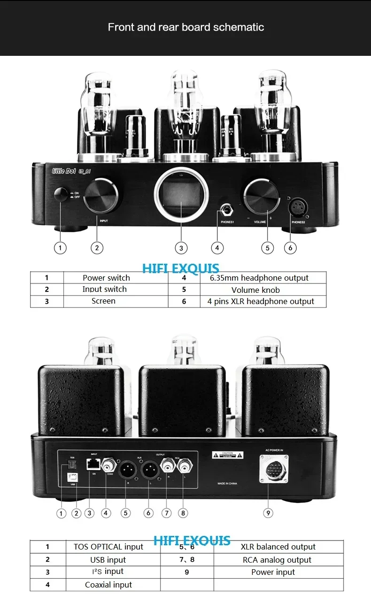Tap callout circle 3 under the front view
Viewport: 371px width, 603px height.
pos(181,248)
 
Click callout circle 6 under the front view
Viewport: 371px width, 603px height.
pos(291,248)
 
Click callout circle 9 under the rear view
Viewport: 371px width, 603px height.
pos(268,513)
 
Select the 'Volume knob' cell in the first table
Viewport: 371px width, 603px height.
pos(255,290)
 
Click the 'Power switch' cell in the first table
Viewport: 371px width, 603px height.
pos(106,278)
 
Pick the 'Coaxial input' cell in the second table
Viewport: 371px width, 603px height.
pos(108,585)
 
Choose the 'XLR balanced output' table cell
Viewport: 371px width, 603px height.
pos(278,547)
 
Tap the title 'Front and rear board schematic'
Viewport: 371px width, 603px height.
pos(185,27)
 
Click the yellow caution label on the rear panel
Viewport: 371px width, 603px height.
pos(228,455)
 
